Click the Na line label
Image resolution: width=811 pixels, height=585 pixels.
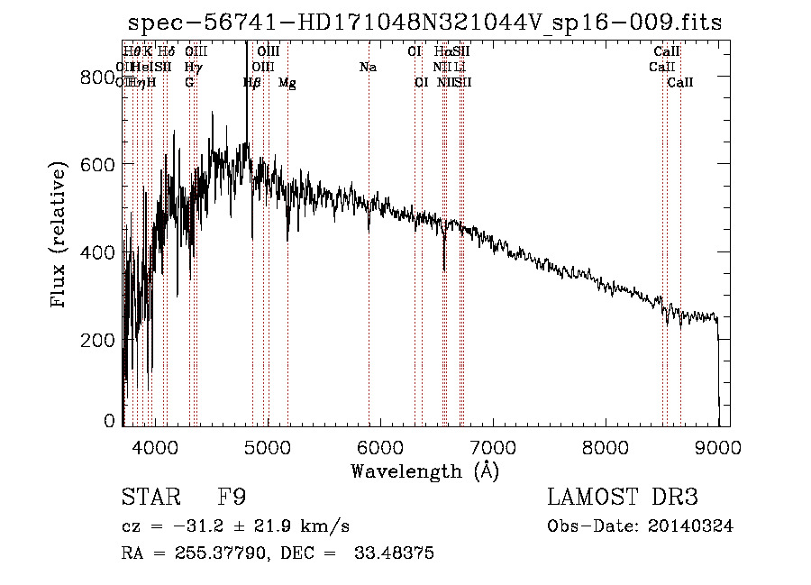click(x=368, y=67)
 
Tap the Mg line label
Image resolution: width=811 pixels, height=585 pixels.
click(x=287, y=83)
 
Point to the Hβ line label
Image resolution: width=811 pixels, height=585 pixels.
click(x=252, y=83)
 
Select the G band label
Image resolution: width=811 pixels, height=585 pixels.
click(x=189, y=83)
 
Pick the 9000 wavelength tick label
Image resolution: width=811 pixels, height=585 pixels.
click(x=718, y=447)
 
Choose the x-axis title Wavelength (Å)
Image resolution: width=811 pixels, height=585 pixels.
click(x=424, y=471)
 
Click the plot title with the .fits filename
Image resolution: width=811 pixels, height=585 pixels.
click(x=424, y=23)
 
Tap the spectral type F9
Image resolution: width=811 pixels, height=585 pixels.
click(x=232, y=498)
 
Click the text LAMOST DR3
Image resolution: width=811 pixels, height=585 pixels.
click(x=623, y=498)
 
